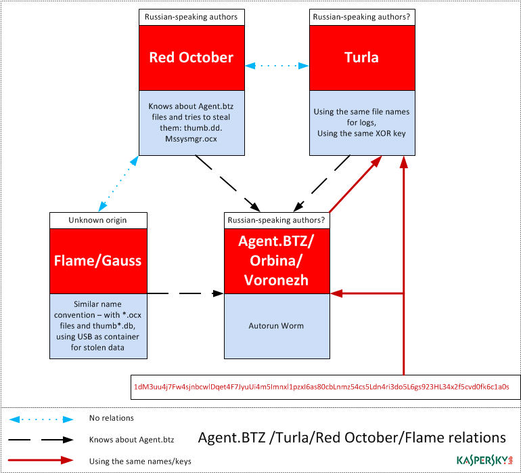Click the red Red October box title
191,58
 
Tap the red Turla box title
362,58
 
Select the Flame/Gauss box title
98,261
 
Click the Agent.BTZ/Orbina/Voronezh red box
277,261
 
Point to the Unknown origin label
97,220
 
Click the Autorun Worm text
276,325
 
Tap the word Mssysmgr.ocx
191,139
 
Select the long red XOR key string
321,387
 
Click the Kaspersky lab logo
484,460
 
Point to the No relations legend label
112,418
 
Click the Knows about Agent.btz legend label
131,440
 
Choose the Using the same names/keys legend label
140,461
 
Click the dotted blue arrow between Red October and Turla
277,66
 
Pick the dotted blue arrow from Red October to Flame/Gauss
118,184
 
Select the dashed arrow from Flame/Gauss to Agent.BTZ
185,293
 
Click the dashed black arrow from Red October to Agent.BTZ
227,183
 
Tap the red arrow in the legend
41,460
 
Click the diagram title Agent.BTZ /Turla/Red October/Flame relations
352,437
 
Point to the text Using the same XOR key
361,133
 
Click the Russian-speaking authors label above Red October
191,17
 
